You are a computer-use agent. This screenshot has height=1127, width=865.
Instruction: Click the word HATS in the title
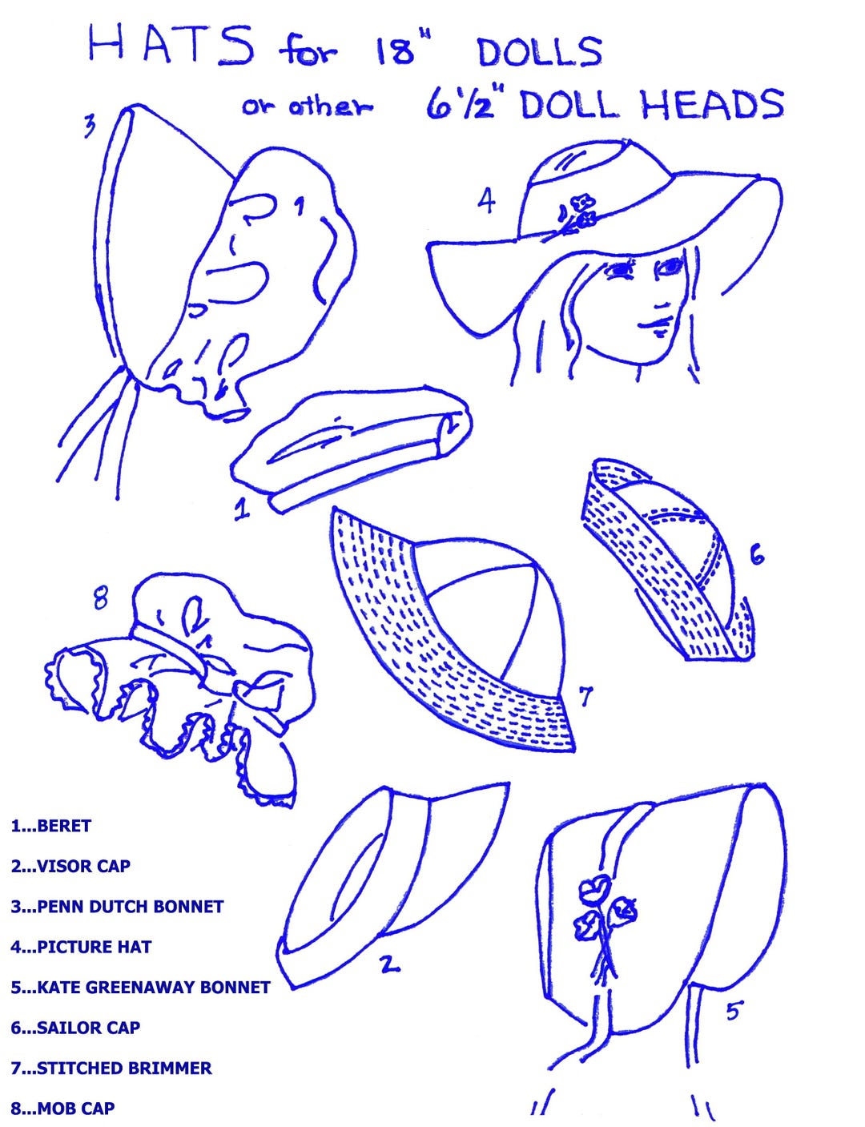tap(171, 46)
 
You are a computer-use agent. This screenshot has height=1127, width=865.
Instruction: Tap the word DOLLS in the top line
tap(540, 52)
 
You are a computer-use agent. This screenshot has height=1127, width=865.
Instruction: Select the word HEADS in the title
tap(713, 103)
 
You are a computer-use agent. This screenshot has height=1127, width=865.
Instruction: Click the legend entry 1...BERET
tap(50, 826)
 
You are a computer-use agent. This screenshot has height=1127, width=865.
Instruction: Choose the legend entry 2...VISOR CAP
tap(70, 866)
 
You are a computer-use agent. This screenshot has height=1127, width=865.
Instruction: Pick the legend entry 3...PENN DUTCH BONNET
tap(117, 907)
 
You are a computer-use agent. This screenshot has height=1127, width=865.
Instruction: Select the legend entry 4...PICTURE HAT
tap(81, 947)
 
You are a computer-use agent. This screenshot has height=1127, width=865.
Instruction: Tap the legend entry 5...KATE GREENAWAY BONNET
tap(140, 988)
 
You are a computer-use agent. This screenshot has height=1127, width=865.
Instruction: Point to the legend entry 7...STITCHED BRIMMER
tap(111, 1069)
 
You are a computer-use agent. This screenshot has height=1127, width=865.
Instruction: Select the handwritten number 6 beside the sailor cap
tap(757, 557)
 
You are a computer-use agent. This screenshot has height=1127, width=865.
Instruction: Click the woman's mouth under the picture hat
tap(655, 326)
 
